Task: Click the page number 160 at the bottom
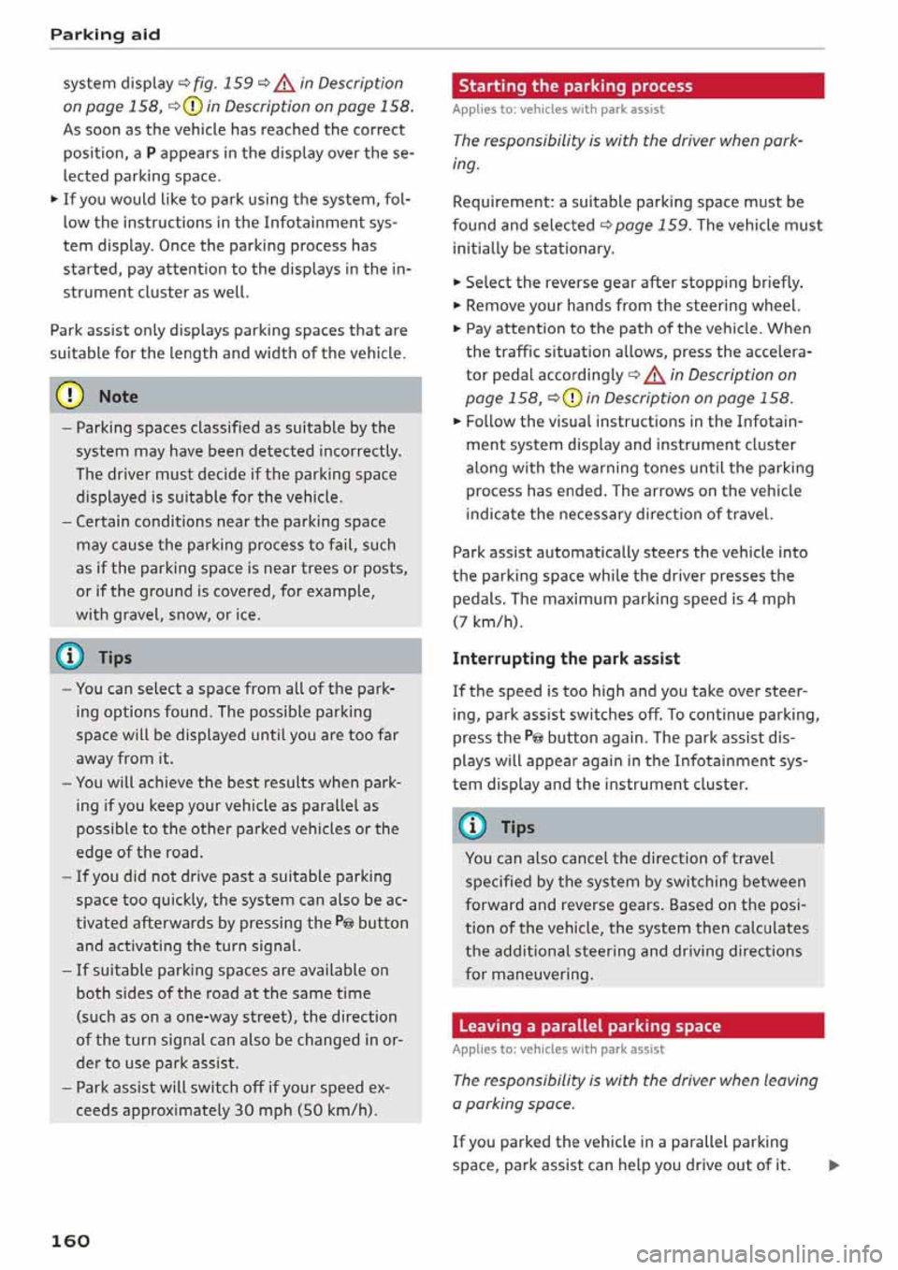[x=70, y=1241]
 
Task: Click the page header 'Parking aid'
[x=105, y=35]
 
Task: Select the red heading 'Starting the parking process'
[x=575, y=86]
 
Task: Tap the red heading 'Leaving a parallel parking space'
[x=589, y=1026]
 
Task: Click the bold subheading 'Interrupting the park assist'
[x=566, y=658]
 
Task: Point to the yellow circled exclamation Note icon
[x=70, y=397]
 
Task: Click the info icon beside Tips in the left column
[x=70, y=657]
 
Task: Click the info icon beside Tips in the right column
[x=472, y=827]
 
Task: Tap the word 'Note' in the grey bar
[x=118, y=397]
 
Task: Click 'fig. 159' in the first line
[x=224, y=83]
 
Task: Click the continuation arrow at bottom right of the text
[x=833, y=1165]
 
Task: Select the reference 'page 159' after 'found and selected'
[x=652, y=225]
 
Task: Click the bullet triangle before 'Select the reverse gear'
[x=456, y=282]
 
